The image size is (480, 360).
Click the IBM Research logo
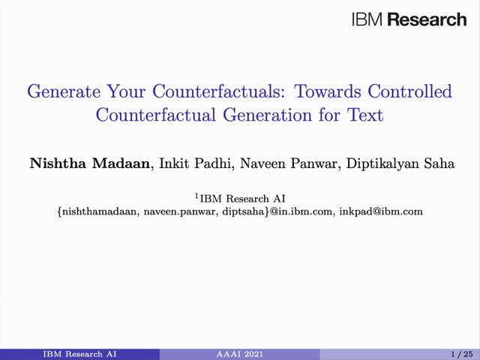409,19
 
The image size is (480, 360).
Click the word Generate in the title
64,91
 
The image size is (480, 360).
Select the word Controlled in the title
409,91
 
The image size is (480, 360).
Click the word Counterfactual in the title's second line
156,115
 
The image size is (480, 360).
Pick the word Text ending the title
365,115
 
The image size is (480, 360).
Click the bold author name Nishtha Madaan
90,163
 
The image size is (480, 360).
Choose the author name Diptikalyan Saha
400,163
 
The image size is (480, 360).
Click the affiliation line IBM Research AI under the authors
242,199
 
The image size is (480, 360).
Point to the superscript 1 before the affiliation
197,196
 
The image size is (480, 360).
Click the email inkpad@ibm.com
381,211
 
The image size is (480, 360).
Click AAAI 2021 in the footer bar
240,354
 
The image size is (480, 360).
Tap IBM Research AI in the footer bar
79,354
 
